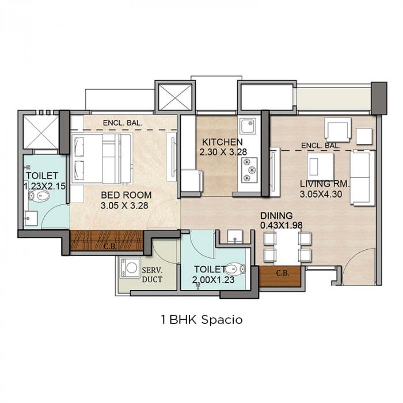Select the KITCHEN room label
point(222,142)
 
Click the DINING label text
point(276,215)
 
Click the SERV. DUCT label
point(151,275)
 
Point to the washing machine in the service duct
point(131,270)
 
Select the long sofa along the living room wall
point(363,178)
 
